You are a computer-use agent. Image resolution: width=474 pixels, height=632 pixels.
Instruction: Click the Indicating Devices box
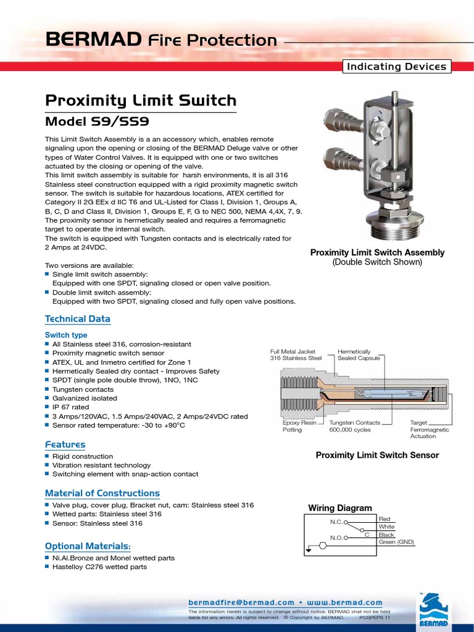pos(397,67)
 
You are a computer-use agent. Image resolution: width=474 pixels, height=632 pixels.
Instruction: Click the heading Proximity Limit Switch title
pos(141,100)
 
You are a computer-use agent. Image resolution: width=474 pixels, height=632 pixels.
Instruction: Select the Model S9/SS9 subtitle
pos(98,122)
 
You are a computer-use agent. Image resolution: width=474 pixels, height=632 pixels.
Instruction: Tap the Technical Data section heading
pos(78,318)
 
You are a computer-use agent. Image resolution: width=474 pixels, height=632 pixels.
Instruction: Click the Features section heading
pos(65,444)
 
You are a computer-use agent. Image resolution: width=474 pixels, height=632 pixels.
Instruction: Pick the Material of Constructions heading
pos(102,493)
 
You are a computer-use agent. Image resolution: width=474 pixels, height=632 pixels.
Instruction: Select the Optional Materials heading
pos(88,546)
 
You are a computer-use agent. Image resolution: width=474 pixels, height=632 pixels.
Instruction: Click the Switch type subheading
pos(66,335)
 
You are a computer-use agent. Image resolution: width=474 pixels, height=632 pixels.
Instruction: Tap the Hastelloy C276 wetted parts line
pos(99,567)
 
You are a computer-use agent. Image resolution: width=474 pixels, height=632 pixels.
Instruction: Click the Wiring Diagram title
pos(340,508)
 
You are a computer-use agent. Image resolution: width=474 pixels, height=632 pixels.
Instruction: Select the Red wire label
pos(385,519)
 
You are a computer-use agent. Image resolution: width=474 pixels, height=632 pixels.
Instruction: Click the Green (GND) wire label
pos(396,542)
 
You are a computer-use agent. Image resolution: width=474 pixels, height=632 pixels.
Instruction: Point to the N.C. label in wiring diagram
pos(336,522)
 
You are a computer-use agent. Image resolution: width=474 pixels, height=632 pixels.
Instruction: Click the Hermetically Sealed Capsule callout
pos(355,354)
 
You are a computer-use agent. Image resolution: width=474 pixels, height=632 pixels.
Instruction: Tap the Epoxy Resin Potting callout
pos(299,426)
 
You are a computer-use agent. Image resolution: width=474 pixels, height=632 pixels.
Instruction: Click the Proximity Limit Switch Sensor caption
pos(377,455)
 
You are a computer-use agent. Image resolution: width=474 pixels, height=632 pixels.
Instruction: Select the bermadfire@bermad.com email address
pos(241,602)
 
